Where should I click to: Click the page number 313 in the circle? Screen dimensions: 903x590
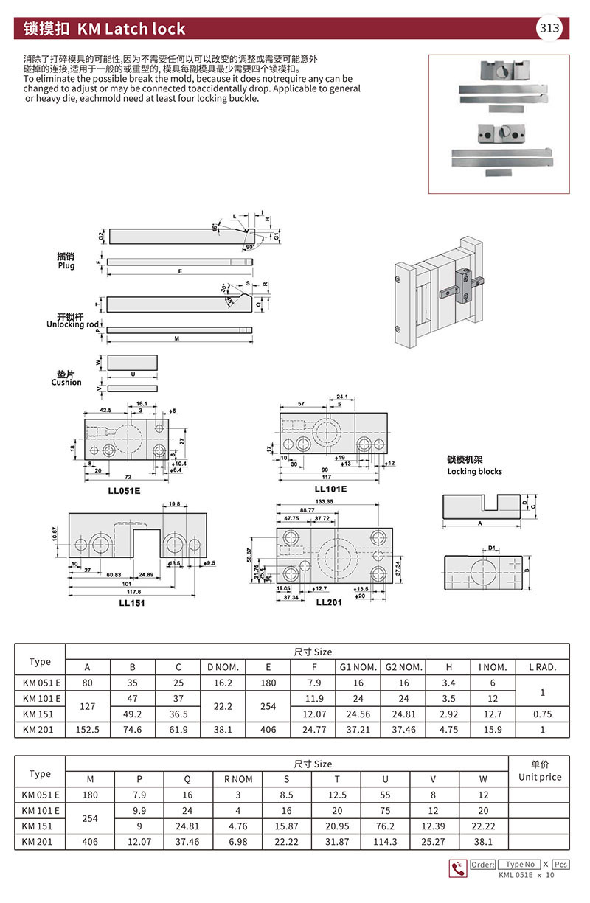click(x=549, y=29)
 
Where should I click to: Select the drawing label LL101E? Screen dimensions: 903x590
click(x=330, y=488)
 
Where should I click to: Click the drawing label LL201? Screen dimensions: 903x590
click(x=330, y=602)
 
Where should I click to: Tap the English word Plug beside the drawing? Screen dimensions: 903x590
click(x=66, y=265)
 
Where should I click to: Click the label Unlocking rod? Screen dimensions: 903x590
click(x=73, y=324)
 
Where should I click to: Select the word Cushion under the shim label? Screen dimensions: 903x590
click(x=66, y=382)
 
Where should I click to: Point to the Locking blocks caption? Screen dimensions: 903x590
click(x=474, y=471)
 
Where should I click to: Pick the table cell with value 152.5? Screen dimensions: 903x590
click(x=88, y=729)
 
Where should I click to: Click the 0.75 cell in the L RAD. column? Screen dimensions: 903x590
click(x=543, y=714)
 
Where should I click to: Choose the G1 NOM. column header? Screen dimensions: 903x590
click(x=357, y=667)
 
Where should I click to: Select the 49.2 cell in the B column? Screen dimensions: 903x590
click(x=133, y=714)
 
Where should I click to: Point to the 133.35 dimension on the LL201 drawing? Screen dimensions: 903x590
click(x=322, y=501)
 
